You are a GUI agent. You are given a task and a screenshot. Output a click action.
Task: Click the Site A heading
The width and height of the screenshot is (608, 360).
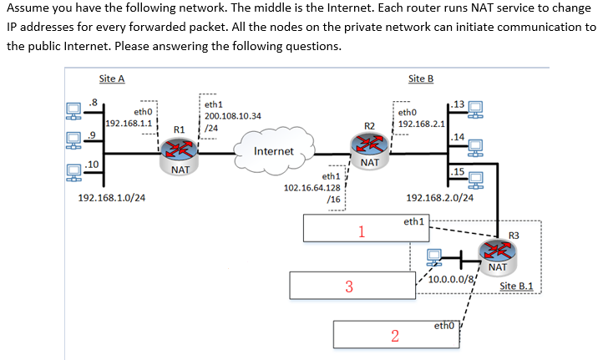point(111,79)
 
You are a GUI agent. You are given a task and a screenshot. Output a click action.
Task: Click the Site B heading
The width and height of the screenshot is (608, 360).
point(421,79)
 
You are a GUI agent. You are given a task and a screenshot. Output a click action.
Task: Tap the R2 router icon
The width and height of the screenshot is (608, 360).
point(370,144)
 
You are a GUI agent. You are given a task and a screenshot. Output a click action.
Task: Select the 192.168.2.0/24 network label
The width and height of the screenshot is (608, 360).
point(440,199)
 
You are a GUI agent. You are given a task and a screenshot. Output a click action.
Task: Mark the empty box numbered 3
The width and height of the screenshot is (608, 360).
point(348,285)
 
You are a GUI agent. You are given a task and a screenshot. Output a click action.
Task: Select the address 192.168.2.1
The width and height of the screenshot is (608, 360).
point(421,124)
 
